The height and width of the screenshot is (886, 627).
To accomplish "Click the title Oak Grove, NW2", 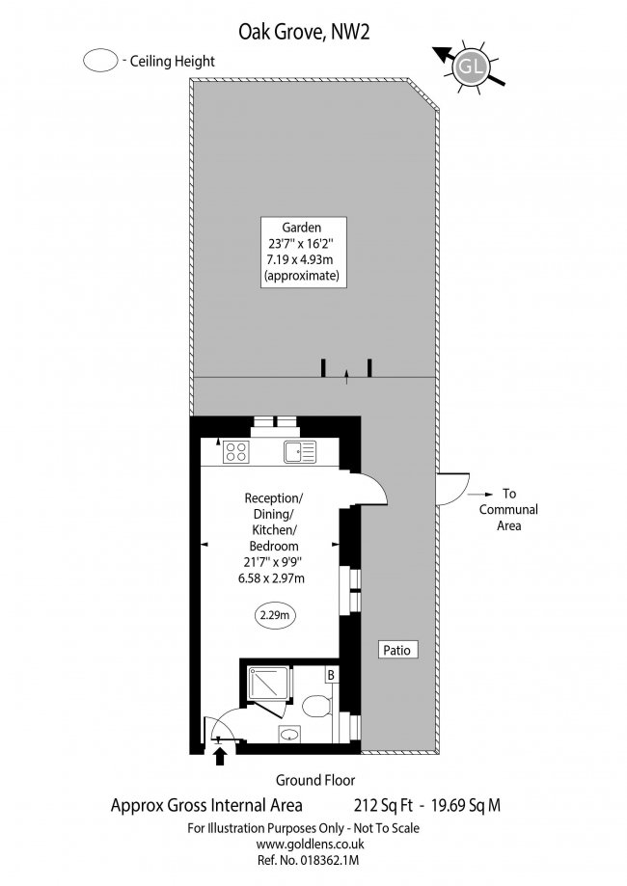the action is [x=304, y=32].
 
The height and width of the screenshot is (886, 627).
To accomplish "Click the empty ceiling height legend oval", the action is [x=100, y=61].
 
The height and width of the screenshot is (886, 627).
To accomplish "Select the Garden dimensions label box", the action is [x=304, y=252].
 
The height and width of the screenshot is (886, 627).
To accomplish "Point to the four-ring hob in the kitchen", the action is [x=236, y=452].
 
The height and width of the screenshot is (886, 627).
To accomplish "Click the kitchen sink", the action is [x=300, y=452].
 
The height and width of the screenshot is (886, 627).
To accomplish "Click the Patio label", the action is [x=396, y=650].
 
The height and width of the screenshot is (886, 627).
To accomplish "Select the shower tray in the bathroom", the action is [x=270, y=687].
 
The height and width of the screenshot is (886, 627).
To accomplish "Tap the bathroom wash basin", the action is [x=290, y=735].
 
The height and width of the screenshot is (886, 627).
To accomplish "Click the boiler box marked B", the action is [x=331, y=675].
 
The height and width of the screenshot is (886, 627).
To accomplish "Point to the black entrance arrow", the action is [x=220, y=757].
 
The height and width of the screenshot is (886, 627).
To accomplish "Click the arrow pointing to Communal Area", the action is [x=478, y=495].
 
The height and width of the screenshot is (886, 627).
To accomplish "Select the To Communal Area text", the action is [x=508, y=510].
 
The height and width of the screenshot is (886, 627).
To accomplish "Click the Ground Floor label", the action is [x=315, y=780].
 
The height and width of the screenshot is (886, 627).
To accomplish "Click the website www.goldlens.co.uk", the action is [x=310, y=845].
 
